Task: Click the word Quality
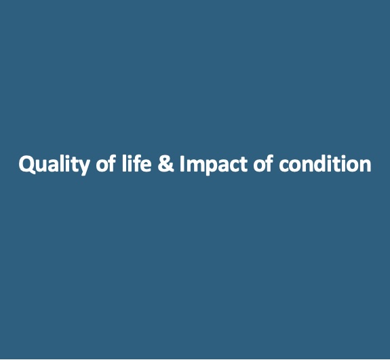(x=54, y=165)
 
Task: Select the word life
(x=136, y=163)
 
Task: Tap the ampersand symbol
(x=166, y=163)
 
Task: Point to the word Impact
(x=214, y=165)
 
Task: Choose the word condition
(x=325, y=163)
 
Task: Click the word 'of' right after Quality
(x=106, y=163)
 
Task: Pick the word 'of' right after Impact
(x=263, y=163)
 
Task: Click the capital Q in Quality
(x=27, y=165)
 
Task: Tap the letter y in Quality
(x=82, y=167)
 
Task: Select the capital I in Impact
(x=182, y=163)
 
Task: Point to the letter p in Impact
(x=212, y=167)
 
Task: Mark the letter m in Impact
(x=195, y=165)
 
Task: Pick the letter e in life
(x=145, y=166)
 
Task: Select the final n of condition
(x=366, y=165)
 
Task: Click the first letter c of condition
(x=284, y=166)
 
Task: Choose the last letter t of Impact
(x=243, y=164)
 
